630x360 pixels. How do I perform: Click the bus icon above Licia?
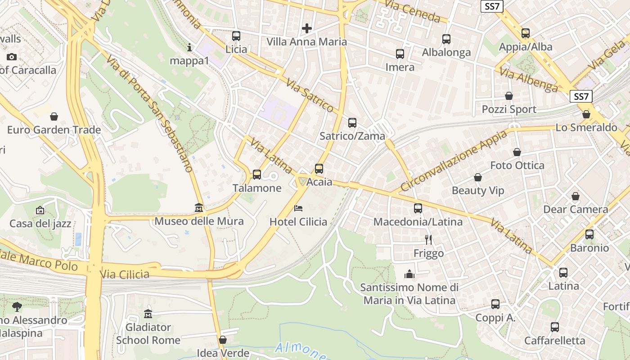pyautogui.click(x=236, y=36)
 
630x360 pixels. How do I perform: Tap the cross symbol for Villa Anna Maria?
pyautogui.click(x=307, y=29)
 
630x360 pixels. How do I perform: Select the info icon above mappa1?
pyautogui.click(x=189, y=47)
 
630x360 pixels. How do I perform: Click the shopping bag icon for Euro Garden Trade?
pyautogui.click(x=54, y=117)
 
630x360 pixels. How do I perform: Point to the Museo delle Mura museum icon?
pyautogui.click(x=199, y=208)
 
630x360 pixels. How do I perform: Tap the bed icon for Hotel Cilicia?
pyautogui.click(x=298, y=208)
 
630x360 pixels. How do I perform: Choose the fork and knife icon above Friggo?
pyautogui.click(x=428, y=240)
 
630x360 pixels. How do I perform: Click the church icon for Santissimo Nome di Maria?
pyautogui.click(x=409, y=274)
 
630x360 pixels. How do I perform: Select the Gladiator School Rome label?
pyautogui.click(x=148, y=333)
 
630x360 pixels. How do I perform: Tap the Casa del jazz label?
pyautogui.click(x=40, y=223)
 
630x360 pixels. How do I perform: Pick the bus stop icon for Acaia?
pyautogui.click(x=319, y=169)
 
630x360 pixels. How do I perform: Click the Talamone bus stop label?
pyautogui.click(x=257, y=188)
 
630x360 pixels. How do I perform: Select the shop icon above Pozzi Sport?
pyautogui.click(x=509, y=96)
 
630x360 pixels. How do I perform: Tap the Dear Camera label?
pyautogui.click(x=576, y=209)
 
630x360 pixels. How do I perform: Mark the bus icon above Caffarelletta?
pyautogui.click(x=555, y=327)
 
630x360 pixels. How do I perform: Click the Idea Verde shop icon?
pyautogui.click(x=223, y=340)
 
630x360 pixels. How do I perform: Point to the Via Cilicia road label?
pyautogui.click(x=125, y=274)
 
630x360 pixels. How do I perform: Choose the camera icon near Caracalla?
pyautogui.click(x=12, y=57)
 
